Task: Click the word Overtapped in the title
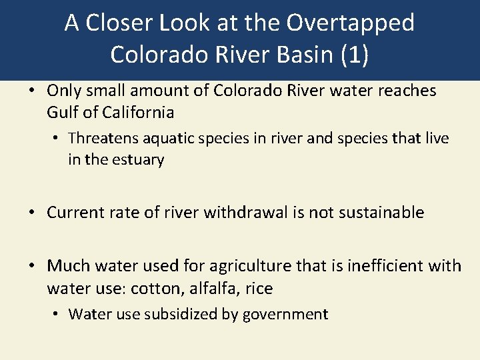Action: click(351, 23)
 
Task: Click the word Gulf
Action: click(62, 112)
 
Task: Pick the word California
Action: click(138, 112)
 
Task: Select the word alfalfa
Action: click(208, 288)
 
